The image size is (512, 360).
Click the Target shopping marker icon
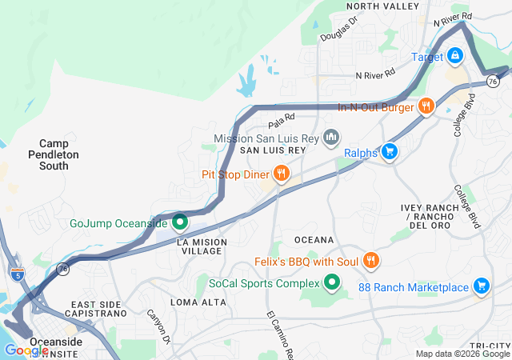coord(454,56)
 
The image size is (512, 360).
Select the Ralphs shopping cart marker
coord(390,151)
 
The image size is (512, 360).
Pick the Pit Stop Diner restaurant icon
coord(281,174)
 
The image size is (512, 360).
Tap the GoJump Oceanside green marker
coord(180,222)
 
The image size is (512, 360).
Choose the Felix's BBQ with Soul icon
coord(370,261)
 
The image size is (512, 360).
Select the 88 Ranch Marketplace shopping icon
coord(481,286)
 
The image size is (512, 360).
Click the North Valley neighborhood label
coord(382,6)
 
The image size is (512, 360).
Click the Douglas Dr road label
coord(338,30)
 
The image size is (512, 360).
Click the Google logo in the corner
coord(26,350)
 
